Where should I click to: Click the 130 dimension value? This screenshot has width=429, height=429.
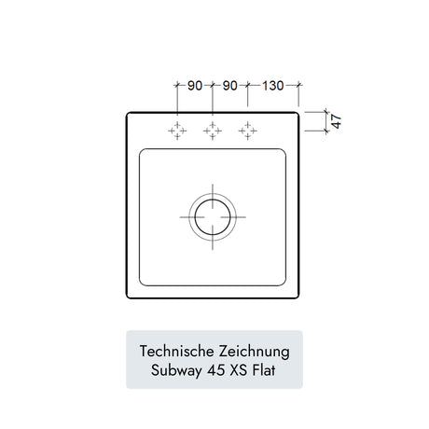(x=273, y=86)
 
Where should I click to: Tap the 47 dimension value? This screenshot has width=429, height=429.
(x=336, y=121)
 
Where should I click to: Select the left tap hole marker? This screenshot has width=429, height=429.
(x=177, y=131)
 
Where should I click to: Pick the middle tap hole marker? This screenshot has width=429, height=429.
(x=213, y=131)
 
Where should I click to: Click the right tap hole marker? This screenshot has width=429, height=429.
(x=247, y=131)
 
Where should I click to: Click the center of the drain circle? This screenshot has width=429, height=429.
(x=213, y=217)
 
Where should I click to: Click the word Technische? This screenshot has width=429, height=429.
(x=177, y=352)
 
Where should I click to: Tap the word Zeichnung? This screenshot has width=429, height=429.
(x=255, y=352)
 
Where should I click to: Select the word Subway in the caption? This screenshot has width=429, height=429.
(x=176, y=370)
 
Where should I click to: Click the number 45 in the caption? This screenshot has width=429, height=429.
(x=216, y=370)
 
